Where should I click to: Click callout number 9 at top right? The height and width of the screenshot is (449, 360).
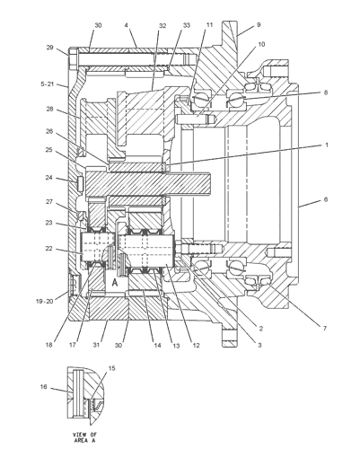[x=259, y=25]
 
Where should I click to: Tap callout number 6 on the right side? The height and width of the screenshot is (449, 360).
[x=326, y=199]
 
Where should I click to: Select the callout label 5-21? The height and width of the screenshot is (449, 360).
[x=48, y=84]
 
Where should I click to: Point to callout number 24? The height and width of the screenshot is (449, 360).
[x=49, y=178]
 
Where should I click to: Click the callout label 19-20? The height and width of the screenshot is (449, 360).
[x=44, y=302]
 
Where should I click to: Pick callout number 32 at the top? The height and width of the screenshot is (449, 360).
[x=162, y=26]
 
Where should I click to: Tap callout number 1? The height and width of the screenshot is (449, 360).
[x=327, y=145]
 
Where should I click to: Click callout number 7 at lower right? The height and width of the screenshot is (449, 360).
[x=325, y=329]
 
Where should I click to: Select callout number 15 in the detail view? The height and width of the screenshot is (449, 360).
[x=111, y=368]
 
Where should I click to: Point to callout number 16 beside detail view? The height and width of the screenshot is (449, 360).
[x=44, y=387]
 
